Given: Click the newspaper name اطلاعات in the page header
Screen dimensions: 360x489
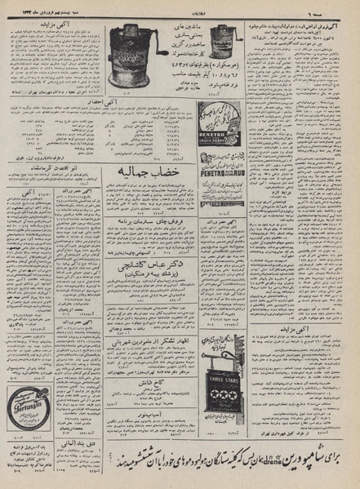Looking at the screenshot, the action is coord(179,8).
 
